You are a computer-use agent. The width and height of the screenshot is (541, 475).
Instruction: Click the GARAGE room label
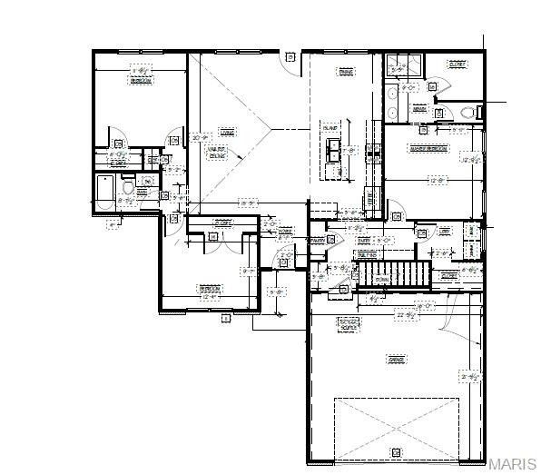[396, 361]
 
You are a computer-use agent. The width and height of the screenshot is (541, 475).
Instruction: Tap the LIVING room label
[227, 133]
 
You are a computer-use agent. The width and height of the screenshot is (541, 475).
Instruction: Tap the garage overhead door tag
[396, 451]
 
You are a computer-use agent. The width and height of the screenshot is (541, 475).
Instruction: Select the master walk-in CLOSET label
[457, 64]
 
